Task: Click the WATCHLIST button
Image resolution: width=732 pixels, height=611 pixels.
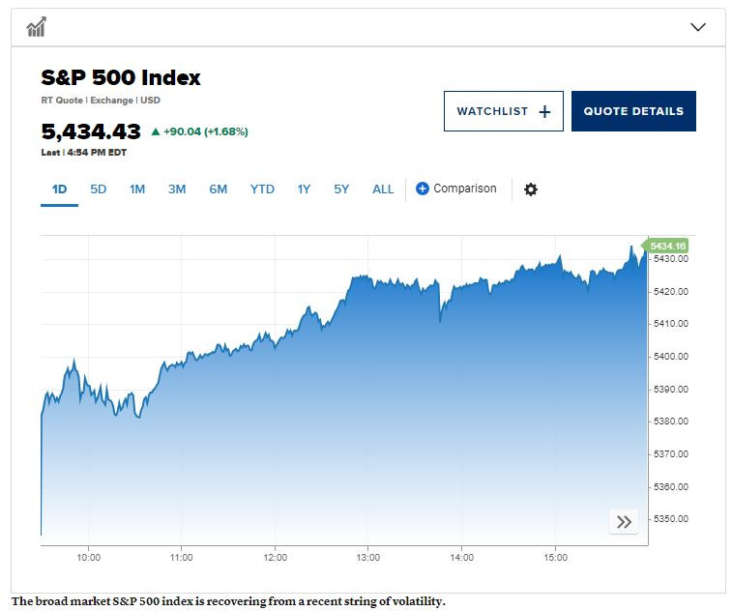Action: pyautogui.click(x=503, y=111)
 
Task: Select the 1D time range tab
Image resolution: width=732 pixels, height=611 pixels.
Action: pyautogui.click(x=59, y=189)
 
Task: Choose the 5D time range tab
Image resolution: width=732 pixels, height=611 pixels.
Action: pyautogui.click(x=99, y=189)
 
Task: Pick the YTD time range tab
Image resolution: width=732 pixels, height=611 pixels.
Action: pyautogui.click(x=262, y=189)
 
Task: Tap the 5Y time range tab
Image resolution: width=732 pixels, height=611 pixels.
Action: pyautogui.click(x=341, y=189)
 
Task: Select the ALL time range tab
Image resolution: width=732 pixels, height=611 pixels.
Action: pyautogui.click(x=383, y=189)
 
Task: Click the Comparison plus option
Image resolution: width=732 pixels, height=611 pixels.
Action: pyautogui.click(x=456, y=189)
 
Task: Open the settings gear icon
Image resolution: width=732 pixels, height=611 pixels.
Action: pyautogui.click(x=530, y=189)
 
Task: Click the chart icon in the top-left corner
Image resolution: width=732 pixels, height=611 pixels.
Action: pyautogui.click(x=37, y=27)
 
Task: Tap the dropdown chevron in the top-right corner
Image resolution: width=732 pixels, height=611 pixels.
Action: pyautogui.click(x=698, y=27)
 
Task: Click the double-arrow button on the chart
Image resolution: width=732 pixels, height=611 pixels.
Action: pyautogui.click(x=624, y=522)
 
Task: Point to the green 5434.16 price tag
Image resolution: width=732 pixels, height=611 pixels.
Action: pyautogui.click(x=668, y=246)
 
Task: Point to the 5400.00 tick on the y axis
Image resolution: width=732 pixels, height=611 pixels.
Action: pyautogui.click(x=669, y=357)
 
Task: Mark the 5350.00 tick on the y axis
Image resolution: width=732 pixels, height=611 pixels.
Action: pyautogui.click(x=669, y=519)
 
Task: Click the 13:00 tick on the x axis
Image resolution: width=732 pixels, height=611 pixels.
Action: pyautogui.click(x=367, y=557)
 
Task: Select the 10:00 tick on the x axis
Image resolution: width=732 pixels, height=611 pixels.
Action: pyautogui.click(x=88, y=557)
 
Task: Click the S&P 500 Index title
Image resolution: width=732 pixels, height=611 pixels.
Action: pyautogui.click(x=121, y=78)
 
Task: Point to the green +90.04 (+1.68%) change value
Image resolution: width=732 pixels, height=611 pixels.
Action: pyautogui.click(x=199, y=131)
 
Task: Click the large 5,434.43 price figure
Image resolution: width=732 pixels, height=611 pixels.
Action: pyautogui.click(x=91, y=131)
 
